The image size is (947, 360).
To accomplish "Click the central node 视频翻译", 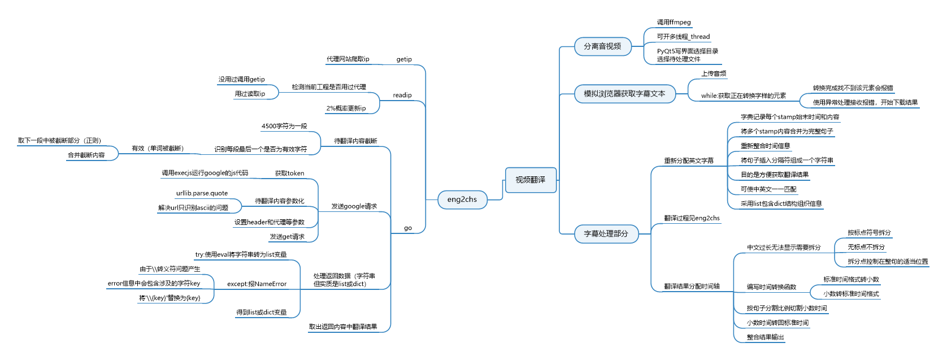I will click(x=530, y=180).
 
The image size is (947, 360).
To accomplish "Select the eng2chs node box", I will click(x=462, y=199).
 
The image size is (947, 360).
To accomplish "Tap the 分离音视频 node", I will click(x=602, y=46).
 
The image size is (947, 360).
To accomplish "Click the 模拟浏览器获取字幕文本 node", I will click(x=624, y=94).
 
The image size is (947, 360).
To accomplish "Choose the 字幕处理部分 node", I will click(x=606, y=233).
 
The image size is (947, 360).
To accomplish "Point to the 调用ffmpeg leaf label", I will click(x=674, y=23).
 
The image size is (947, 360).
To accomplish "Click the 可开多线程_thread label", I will click(x=683, y=37).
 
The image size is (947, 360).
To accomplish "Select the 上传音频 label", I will click(x=714, y=73).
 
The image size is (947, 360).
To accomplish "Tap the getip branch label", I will click(x=404, y=59).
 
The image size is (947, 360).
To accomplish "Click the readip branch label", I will click(x=402, y=95).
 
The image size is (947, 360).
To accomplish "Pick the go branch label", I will click(x=408, y=228).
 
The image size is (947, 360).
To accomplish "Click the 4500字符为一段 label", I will click(x=284, y=126).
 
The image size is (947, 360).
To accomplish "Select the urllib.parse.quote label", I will click(x=202, y=193).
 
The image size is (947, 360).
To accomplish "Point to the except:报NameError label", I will click(x=257, y=284).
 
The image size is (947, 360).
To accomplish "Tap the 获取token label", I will click(x=289, y=174).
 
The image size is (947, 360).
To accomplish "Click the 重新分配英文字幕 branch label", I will click(x=688, y=161).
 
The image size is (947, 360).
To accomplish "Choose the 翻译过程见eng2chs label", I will click(x=692, y=218).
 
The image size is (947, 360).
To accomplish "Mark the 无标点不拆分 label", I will click(x=866, y=247).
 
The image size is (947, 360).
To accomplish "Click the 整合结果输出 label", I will click(x=765, y=337).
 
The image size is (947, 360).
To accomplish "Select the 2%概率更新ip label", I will click(x=346, y=109).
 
